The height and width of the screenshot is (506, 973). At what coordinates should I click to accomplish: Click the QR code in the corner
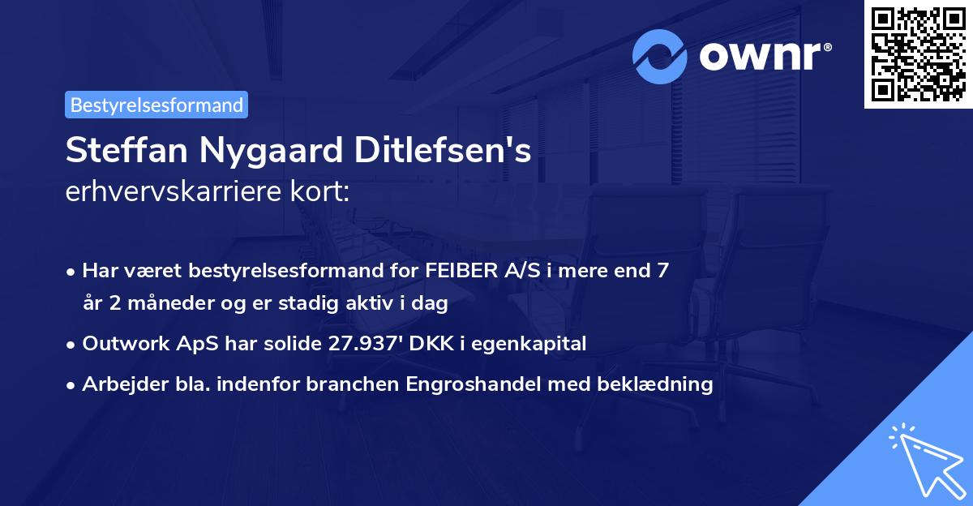tap(918, 54)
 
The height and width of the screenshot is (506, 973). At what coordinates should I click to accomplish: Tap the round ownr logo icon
tap(661, 56)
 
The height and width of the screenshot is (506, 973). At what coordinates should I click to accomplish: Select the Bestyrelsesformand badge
tap(156, 105)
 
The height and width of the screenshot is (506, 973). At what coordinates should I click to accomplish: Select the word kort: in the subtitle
tap(323, 191)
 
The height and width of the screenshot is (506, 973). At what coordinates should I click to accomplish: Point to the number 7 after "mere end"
tap(663, 271)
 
